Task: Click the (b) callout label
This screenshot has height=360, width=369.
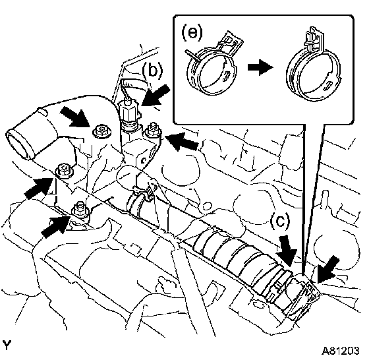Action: [x=152, y=71]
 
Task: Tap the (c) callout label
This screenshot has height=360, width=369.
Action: [x=280, y=221]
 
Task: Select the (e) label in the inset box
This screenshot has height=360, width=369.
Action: [x=192, y=32]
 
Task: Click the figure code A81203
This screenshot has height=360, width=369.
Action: [x=341, y=351]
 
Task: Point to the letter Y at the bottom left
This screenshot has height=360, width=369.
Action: [x=7, y=345]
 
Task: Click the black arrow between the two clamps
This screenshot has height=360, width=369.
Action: [x=260, y=67]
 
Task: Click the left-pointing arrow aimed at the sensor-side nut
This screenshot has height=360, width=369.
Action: [x=181, y=141]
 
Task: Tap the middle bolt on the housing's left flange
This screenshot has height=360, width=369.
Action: [x=65, y=169]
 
